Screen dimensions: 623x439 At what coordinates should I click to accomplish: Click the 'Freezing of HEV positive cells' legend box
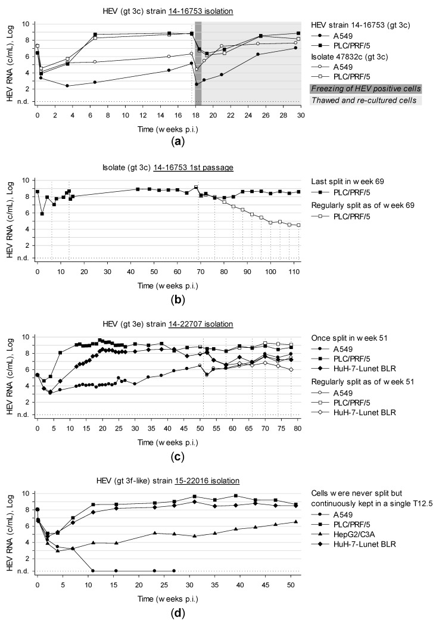point(366,88)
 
